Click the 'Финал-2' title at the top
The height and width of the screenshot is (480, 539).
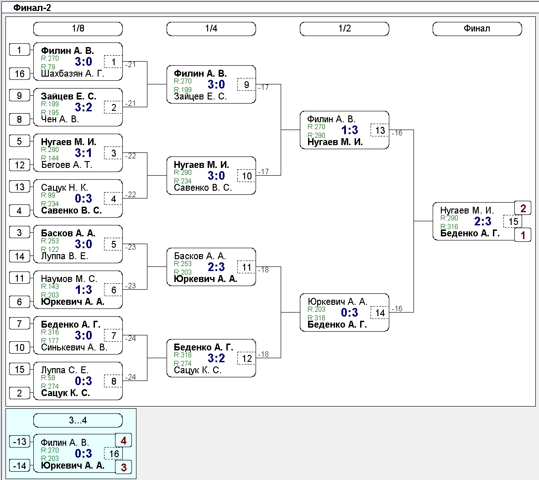point(32,7)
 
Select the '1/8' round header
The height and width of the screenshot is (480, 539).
point(78,29)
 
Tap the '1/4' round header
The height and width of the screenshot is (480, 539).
point(211,29)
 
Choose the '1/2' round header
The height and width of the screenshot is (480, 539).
point(345,29)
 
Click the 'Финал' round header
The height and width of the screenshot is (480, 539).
point(477,29)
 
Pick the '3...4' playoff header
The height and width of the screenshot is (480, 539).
point(78,420)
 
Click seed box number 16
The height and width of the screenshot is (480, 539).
point(20,73)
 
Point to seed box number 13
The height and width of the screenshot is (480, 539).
point(20,187)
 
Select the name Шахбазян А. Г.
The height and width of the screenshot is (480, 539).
point(73,73)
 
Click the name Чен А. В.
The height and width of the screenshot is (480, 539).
point(60,119)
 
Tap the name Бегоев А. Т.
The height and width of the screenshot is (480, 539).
point(67,165)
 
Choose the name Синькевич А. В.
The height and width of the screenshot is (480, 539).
point(74,347)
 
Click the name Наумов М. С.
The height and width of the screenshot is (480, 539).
point(69,279)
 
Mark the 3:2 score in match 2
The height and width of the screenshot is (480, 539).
point(84,107)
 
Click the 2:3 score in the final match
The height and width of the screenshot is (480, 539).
point(482,221)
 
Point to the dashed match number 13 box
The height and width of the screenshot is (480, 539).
point(380,130)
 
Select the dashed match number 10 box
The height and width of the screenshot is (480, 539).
point(247,176)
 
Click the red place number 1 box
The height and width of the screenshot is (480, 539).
point(523,235)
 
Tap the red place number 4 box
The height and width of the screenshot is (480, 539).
point(124,440)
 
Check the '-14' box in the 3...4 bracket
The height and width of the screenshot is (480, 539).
point(20,465)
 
